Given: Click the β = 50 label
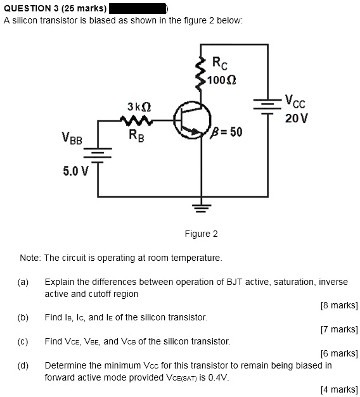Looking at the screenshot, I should pos(226,134).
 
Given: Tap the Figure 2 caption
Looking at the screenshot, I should pos(201,234).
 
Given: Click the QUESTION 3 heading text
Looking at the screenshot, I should pos(55,8).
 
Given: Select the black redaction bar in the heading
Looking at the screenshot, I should pos(138,8).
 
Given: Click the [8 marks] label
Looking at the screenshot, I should pos(340,305).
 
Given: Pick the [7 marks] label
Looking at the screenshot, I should pos(340,329).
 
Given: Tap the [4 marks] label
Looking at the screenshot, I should pos(340,389).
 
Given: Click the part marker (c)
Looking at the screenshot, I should pos(23,341).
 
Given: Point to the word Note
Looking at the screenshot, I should pos(30,258).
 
